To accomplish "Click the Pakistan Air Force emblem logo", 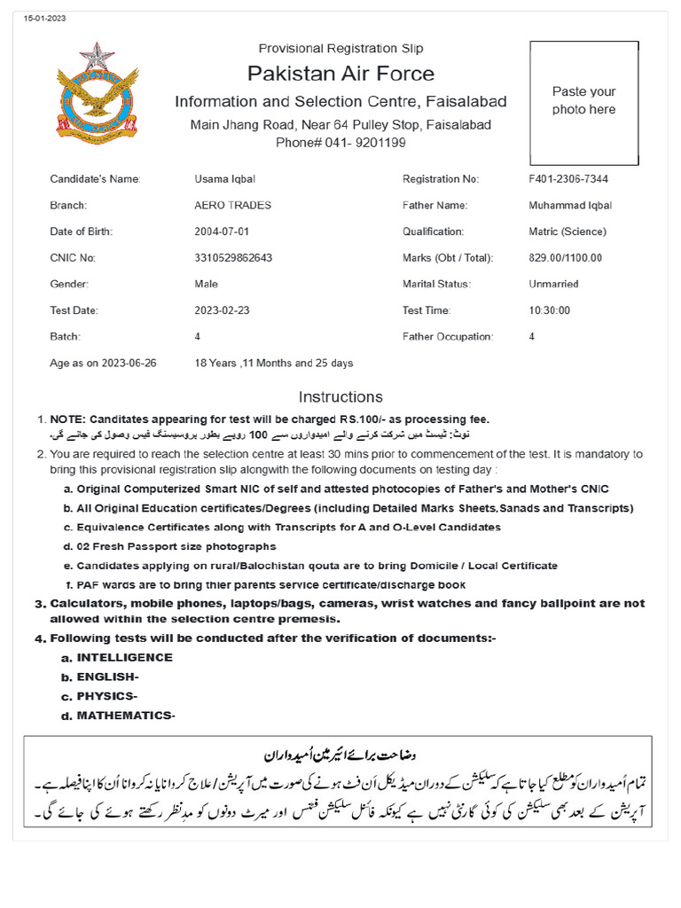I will click(98, 94).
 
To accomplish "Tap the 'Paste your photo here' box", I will click(583, 102).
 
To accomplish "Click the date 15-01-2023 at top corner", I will click(45, 19).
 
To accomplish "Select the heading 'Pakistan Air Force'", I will click(340, 73).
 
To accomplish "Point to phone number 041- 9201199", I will click(340, 142).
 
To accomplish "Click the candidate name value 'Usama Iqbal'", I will click(224, 179).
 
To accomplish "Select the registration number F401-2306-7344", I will click(567, 179).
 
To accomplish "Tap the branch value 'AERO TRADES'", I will click(232, 206).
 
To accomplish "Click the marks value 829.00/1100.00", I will click(565, 258).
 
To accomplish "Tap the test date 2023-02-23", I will click(223, 310).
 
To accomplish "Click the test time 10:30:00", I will click(549, 310).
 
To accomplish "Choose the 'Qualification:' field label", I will click(434, 231).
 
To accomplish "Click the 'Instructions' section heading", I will click(340, 396).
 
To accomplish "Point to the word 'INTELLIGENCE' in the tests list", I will click(124, 658).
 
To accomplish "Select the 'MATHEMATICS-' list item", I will click(126, 716).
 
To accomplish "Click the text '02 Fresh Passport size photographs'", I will click(176, 546).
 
